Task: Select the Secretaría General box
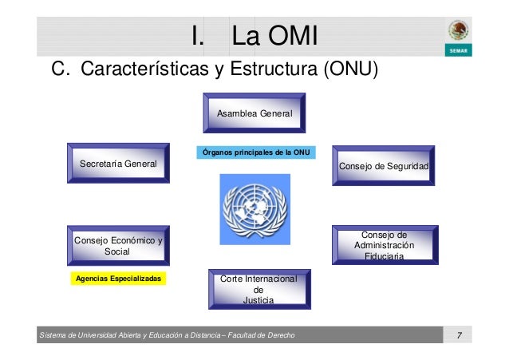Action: pos(118,164)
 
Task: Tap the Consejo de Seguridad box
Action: pos(384,166)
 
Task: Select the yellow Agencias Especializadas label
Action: pos(117,279)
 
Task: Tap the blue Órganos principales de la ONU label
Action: pos(255,152)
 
